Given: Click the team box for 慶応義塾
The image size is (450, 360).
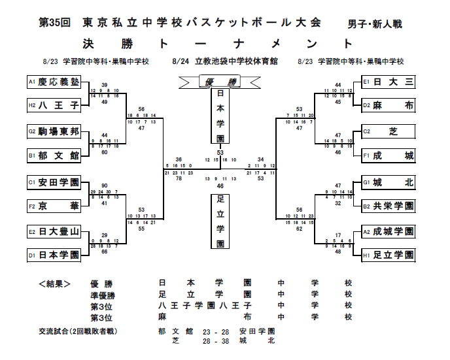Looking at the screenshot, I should click(53, 82).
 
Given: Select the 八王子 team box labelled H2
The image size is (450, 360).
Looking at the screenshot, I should click(53, 104).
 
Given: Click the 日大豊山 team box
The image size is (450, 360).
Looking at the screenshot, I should click(53, 231).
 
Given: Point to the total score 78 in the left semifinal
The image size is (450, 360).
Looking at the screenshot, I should click(179, 178).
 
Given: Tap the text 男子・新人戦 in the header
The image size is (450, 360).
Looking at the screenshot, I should click(375, 24).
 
